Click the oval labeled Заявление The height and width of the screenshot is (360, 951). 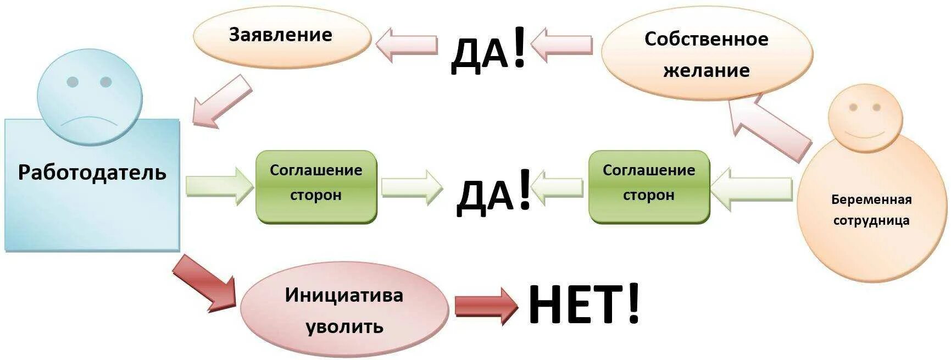click(281, 35)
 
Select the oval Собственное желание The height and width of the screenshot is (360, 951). click(707, 54)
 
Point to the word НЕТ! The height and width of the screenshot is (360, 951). click(584, 305)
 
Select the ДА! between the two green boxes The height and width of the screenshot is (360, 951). click(493, 191)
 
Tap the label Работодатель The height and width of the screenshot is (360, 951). click(92, 173)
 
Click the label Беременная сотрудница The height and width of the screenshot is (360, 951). click(871, 210)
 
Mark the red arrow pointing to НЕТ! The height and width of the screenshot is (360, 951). click(486, 306)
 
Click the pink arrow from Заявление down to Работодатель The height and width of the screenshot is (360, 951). click(221, 102)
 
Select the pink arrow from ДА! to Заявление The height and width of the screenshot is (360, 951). click(407, 44)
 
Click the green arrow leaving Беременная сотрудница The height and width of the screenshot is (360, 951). click(751, 189)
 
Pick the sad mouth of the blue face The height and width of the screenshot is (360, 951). click(90, 121)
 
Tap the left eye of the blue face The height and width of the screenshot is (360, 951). click(73, 82)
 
